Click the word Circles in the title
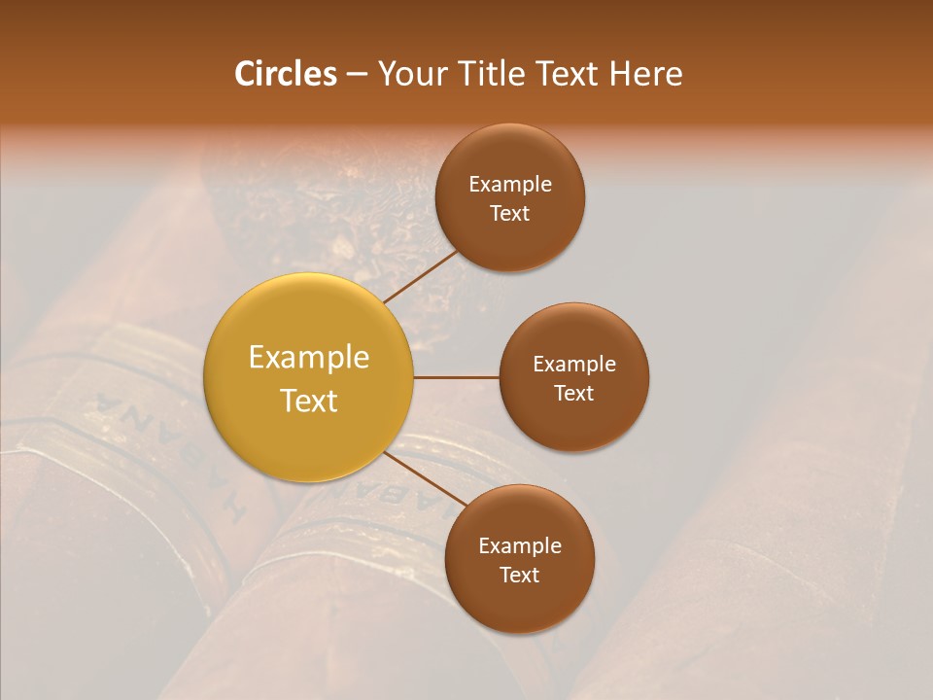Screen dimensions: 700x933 point(285,74)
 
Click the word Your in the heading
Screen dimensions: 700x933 point(413,74)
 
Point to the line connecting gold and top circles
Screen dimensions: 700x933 point(420,276)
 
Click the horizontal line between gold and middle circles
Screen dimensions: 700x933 point(457,377)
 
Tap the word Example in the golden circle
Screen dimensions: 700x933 point(308,358)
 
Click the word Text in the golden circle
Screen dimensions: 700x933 point(308,401)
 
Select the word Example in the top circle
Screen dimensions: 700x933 point(509,185)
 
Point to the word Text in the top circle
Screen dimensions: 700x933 point(509,214)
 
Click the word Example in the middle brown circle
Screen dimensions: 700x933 point(573,365)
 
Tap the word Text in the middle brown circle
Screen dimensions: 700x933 point(573,394)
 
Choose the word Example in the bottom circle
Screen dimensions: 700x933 point(519,546)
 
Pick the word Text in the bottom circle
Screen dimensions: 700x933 point(519,576)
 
